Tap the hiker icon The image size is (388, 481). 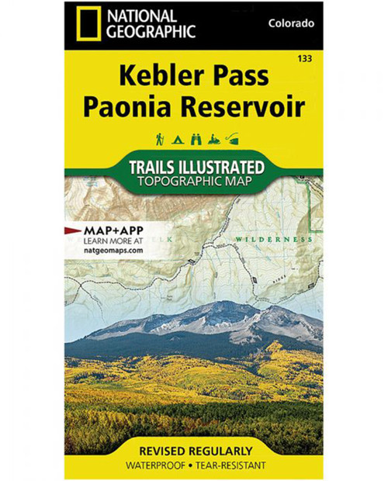(x=158, y=140)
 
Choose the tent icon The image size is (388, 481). (x=176, y=140)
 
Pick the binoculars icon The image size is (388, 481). (x=193, y=140)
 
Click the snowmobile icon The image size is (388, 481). (x=212, y=140)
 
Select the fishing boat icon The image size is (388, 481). (x=230, y=140)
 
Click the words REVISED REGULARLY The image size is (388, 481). (x=194, y=451)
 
